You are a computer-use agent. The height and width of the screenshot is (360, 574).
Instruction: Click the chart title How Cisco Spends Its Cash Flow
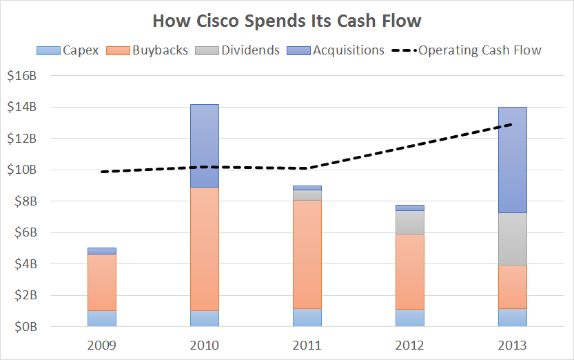point(287,21)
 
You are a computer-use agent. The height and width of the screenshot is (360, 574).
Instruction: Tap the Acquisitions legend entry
point(338,50)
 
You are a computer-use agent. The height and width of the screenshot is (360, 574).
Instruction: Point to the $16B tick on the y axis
point(23,76)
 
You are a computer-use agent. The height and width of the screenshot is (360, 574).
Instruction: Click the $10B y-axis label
point(23,170)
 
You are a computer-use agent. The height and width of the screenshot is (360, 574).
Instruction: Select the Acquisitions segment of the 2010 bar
point(204,146)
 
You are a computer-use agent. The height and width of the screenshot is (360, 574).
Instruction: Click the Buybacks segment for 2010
point(204,249)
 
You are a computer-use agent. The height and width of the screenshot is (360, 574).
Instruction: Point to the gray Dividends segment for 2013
point(512,239)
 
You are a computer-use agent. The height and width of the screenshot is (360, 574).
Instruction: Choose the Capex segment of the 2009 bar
point(101,319)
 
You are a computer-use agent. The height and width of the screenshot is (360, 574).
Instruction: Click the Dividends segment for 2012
point(409,222)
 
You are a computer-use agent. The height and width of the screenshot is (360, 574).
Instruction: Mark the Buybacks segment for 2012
point(409,272)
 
